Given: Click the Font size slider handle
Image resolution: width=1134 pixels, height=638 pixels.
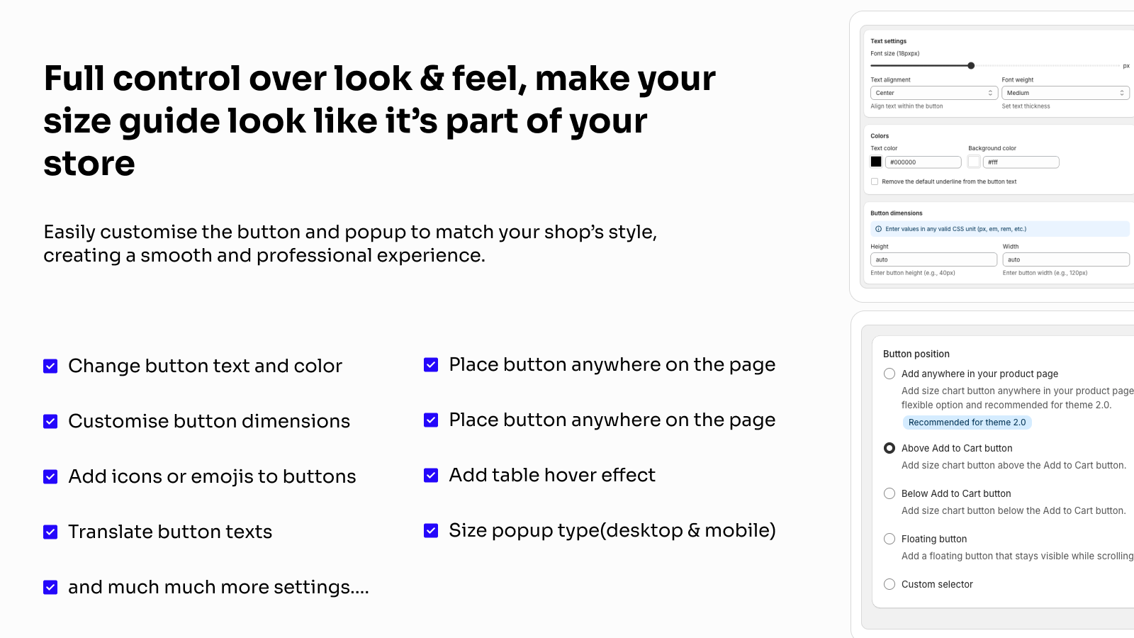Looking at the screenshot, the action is pyautogui.click(x=971, y=66).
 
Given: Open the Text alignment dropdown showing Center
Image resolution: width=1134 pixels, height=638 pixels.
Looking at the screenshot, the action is pyautogui.click(x=934, y=93).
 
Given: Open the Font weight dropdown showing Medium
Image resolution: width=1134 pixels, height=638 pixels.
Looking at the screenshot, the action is pyautogui.click(x=1066, y=93).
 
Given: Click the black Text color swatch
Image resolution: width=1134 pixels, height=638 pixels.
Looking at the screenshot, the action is pyautogui.click(x=876, y=162).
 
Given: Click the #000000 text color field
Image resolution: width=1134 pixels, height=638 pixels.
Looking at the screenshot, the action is pyautogui.click(x=923, y=162).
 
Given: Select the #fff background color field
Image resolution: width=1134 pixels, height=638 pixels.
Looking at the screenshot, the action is pyautogui.click(x=1021, y=162).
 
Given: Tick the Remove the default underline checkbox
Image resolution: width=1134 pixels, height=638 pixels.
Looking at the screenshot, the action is pyautogui.click(x=875, y=181).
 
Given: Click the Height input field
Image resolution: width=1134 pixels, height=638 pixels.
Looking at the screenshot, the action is pyautogui.click(x=933, y=259).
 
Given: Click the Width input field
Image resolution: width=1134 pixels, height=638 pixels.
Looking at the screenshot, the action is pyautogui.click(x=1066, y=259).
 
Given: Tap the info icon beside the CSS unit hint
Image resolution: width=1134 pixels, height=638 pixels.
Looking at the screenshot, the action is pyautogui.click(x=878, y=229).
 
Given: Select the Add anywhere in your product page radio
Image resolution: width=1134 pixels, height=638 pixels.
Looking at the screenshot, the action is pyautogui.click(x=889, y=374).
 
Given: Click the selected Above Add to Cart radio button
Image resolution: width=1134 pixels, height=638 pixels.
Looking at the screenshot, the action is pyautogui.click(x=889, y=448).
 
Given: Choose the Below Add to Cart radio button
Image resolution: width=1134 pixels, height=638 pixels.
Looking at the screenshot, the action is pyautogui.click(x=889, y=493).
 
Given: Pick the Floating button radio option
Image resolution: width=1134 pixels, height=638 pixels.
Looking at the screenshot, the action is pyautogui.click(x=889, y=539).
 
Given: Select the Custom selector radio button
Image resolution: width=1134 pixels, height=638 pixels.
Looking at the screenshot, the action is pyautogui.click(x=889, y=584).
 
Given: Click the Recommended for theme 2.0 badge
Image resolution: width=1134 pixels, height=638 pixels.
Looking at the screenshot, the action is pyautogui.click(x=967, y=422).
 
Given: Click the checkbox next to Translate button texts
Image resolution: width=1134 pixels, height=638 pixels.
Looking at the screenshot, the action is pyautogui.click(x=50, y=532).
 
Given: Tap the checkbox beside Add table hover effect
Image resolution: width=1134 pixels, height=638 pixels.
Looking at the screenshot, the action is pyautogui.click(x=431, y=475).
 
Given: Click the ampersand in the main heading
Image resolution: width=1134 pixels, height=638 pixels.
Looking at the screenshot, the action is pyautogui.click(x=432, y=79).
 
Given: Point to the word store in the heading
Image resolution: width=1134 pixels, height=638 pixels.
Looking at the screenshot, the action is pyautogui.click(x=89, y=164).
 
